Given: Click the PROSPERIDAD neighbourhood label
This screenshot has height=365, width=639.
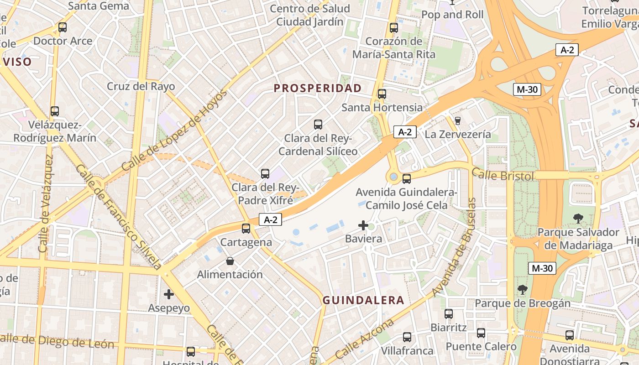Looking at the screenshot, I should pos(318,88).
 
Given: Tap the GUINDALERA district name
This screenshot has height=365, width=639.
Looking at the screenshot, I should pos(363,300).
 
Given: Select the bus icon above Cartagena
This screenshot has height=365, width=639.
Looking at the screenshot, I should pos(246,229).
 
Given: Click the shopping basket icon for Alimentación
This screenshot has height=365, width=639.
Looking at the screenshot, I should pos(230,261).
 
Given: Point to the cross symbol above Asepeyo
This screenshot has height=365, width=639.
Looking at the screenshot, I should pos(169,294).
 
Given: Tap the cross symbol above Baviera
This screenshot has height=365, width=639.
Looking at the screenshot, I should pos(363,225).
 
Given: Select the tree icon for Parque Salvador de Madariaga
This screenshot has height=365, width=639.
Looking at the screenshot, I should pos(578,219).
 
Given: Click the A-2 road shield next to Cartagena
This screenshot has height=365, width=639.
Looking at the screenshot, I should pos(271,219).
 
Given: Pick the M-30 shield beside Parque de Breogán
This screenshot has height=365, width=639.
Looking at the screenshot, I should pos(542,268).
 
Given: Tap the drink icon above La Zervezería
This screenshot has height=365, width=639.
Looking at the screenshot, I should pos(458,120).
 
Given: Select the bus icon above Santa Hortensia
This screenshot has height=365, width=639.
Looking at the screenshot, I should pos(382,94).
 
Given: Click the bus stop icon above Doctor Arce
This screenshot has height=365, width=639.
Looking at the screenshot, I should pos(63,27).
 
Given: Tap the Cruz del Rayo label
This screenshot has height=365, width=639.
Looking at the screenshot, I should pos(141,86).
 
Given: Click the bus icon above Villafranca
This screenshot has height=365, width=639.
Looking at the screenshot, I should pos(407,337).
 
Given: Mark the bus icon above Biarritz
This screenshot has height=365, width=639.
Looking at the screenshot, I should pos(449,314).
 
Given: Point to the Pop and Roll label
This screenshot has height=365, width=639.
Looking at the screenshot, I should pos(452,15).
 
